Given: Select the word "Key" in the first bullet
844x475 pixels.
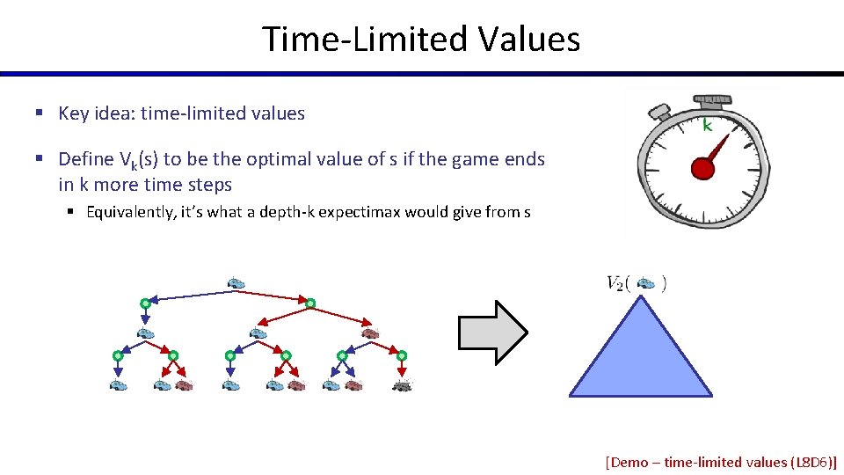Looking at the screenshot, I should (74, 113).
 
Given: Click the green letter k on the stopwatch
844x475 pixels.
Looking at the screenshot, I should (706, 126).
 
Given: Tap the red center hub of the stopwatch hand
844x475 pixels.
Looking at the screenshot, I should (701, 168).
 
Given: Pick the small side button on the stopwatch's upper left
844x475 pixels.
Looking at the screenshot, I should (658, 112).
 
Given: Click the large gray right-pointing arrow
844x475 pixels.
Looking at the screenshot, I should (492, 332).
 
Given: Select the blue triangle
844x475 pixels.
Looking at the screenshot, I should (639, 356).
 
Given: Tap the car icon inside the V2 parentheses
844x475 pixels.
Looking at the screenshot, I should (646, 283).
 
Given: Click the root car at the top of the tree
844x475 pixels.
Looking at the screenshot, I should (236, 283).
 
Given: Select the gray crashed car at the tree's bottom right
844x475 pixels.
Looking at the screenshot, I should (402, 385).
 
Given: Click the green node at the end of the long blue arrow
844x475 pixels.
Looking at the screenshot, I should (145, 303).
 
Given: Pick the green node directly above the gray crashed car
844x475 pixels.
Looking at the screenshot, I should (402, 355).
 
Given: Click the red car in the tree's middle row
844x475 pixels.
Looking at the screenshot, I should (370, 333).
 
